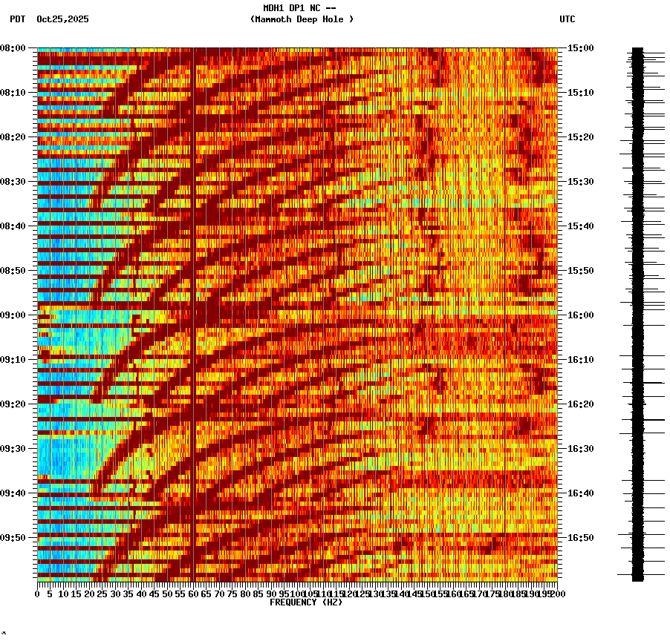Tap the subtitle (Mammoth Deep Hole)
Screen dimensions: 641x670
[302, 19]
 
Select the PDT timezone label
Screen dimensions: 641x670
[17, 19]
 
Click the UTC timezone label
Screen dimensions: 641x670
[567, 19]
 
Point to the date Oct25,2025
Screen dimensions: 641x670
[62, 19]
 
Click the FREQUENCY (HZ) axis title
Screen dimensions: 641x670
[305, 602]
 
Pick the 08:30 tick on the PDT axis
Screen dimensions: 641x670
[13, 182]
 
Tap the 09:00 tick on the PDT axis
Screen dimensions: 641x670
[13, 315]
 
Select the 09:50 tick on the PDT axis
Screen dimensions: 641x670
[13, 538]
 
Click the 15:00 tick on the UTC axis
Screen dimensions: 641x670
[580, 48]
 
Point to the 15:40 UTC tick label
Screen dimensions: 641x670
[580, 226]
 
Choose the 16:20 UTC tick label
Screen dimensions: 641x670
[580, 404]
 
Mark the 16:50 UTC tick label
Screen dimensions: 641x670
[580, 538]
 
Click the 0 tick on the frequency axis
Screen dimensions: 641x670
[38, 594]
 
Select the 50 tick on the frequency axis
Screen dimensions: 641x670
[166, 594]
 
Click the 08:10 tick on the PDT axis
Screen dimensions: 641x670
[13, 93]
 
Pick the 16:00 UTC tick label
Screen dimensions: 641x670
[580, 315]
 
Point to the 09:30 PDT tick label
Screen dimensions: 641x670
[13, 449]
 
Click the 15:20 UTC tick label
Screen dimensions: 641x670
[580, 137]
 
